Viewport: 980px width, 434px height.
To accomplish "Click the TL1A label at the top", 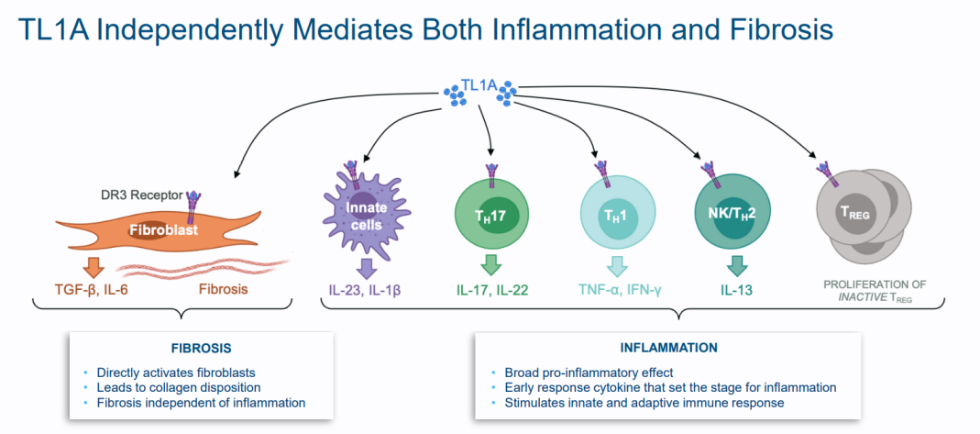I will tap(479, 87).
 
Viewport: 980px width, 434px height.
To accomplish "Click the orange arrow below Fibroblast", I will tap(93, 267).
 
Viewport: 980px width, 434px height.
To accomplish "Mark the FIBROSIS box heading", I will tap(201, 349).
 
